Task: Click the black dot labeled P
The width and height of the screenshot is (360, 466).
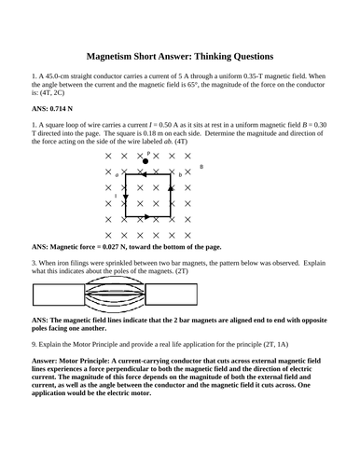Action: (145, 161)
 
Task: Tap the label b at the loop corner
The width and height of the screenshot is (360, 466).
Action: (179, 174)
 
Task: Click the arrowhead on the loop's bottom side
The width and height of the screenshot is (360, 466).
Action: (146, 217)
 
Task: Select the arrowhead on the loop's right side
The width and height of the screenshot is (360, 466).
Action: (170, 187)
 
